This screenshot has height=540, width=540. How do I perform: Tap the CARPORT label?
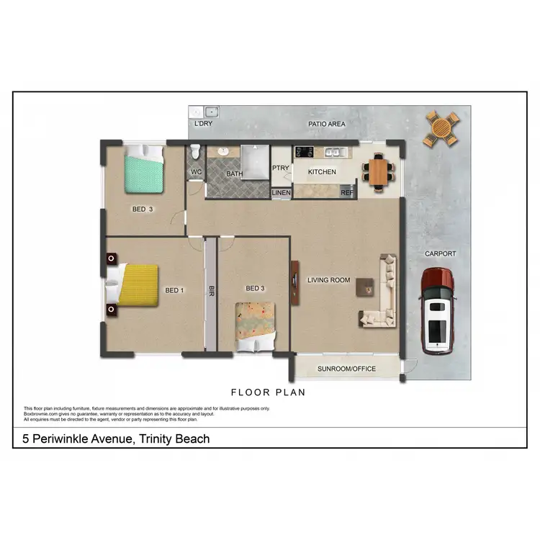click(440, 253)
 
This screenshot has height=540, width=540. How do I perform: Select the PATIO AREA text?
click(326, 124)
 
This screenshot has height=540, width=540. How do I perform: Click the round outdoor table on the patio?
click(440, 129)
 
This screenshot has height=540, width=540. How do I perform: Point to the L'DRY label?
click(203, 124)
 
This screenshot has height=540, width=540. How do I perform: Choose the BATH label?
click(234, 174)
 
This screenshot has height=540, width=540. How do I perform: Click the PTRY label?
click(280, 168)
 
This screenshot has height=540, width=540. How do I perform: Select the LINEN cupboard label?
click(281, 193)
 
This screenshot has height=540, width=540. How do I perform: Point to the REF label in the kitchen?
click(346, 193)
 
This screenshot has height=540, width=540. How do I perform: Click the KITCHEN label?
click(322, 172)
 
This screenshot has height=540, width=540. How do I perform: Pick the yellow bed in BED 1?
click(136, 285)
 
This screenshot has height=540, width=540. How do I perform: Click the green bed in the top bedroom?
click(144, 170)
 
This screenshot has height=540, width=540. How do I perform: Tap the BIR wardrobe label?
click(211, 292)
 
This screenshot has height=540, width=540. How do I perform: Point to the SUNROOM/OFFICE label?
click(347, 369)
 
